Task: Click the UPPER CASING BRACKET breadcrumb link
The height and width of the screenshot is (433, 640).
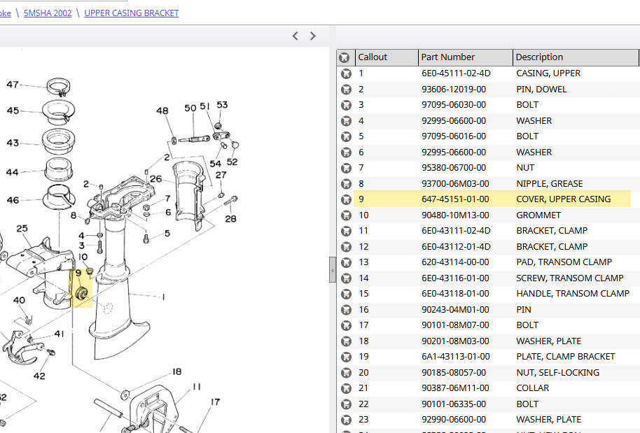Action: (132, 13)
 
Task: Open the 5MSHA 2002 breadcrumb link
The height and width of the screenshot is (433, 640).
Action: (48, 13)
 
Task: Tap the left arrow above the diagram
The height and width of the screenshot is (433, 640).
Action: (295, 36)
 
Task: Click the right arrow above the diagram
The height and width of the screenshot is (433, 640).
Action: (313, 36)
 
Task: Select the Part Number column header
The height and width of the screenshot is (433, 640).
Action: (447, 57)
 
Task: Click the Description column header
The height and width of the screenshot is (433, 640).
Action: (539, 57)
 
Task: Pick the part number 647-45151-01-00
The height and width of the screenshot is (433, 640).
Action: (455, 199)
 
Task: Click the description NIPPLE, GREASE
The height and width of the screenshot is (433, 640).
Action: (550, 183)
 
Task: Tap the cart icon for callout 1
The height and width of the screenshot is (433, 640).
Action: (346, 73)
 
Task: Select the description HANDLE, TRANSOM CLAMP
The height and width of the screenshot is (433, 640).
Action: (573, 294)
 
